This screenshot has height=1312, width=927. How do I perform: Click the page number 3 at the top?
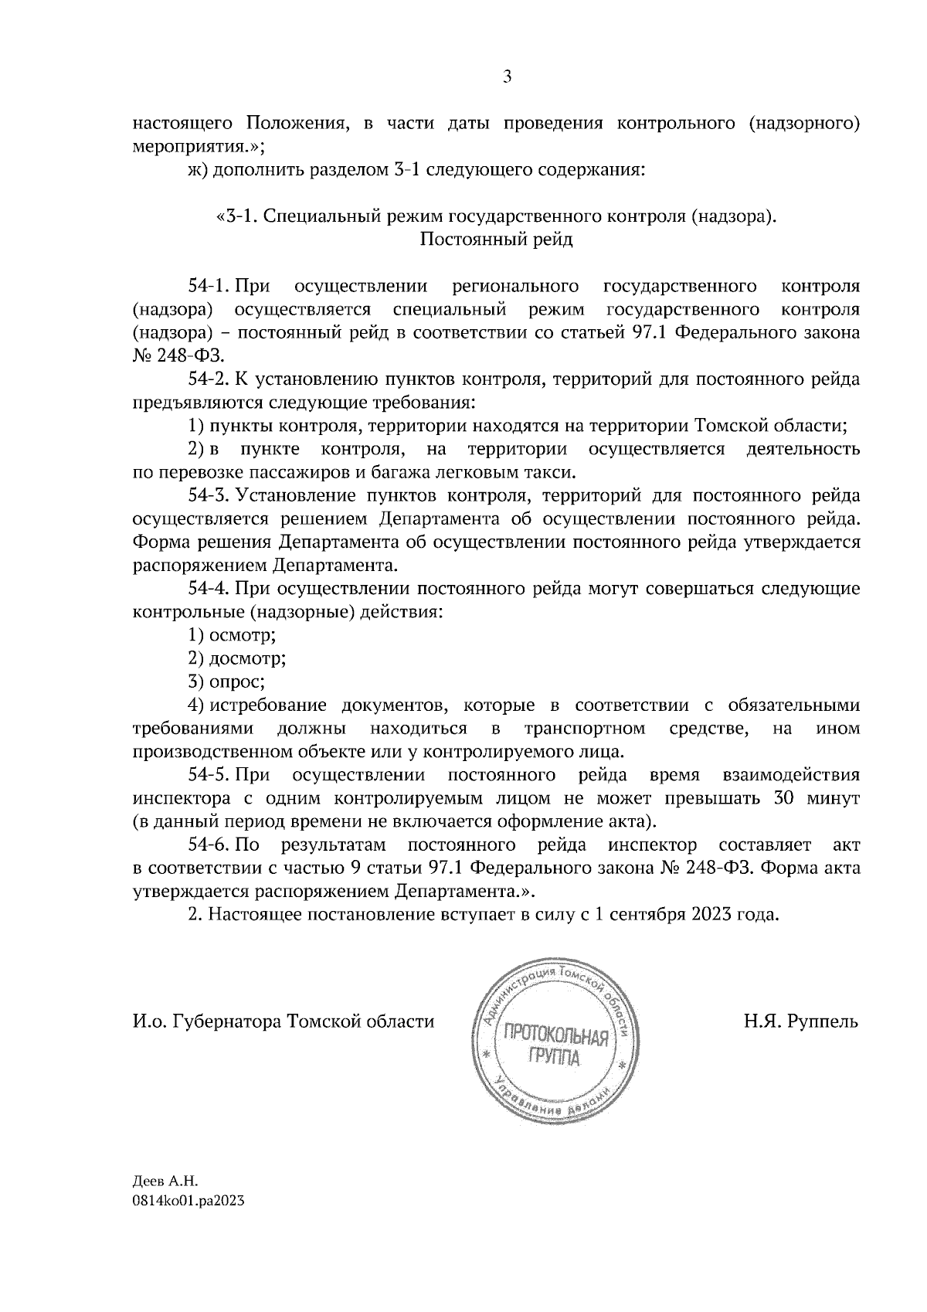tap(507, 76)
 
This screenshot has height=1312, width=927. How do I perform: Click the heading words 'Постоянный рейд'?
tap(496, 239)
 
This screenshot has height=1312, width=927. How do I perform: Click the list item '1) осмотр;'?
tap(233, 635)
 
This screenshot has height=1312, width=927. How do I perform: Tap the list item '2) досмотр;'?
tap(237, 658)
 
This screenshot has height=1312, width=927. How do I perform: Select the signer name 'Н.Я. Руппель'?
tap(801, 1021)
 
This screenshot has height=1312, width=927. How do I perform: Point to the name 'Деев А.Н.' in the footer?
tap(166, 1202)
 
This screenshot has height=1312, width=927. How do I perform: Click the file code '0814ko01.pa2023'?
tap(182, 1224)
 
